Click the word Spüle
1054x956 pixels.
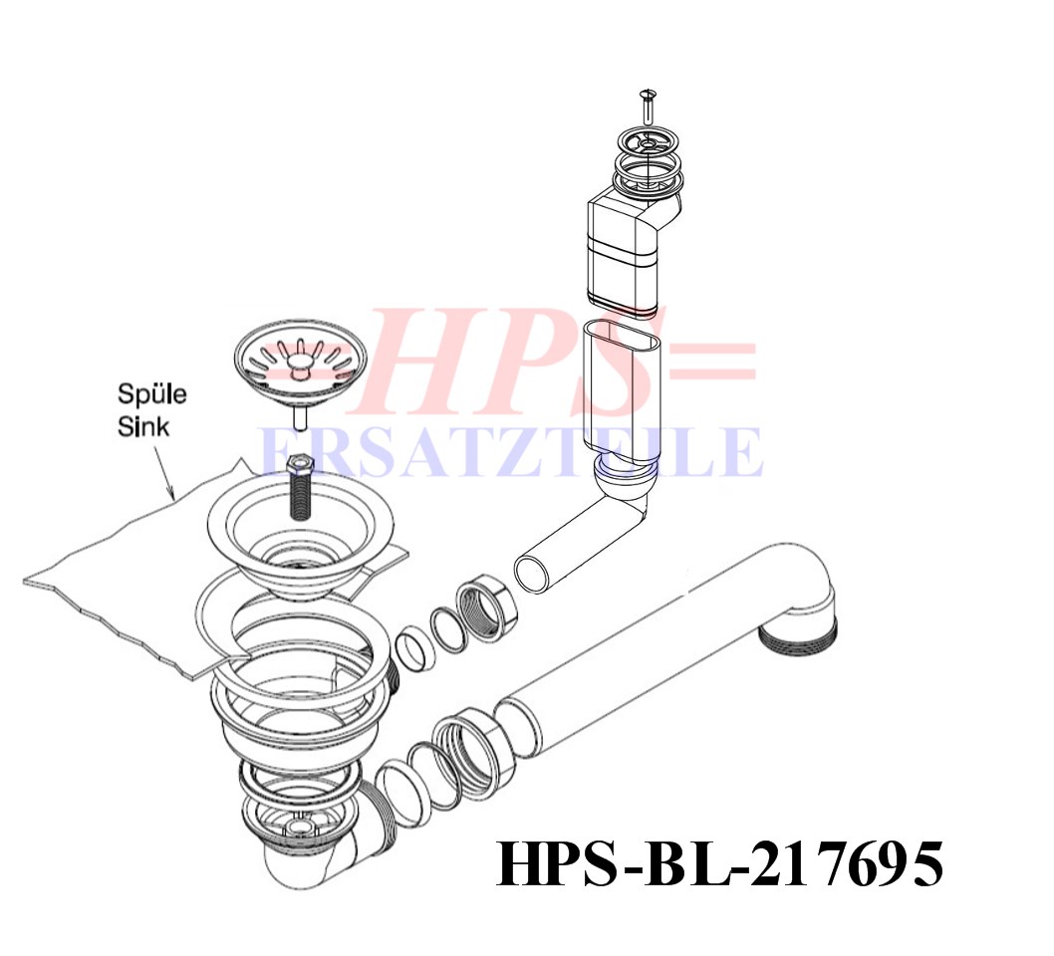[151, 394]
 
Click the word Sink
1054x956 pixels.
[143, 426]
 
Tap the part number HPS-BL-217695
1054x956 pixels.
[719, 864]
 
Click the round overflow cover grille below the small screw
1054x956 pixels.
[648, 143]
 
